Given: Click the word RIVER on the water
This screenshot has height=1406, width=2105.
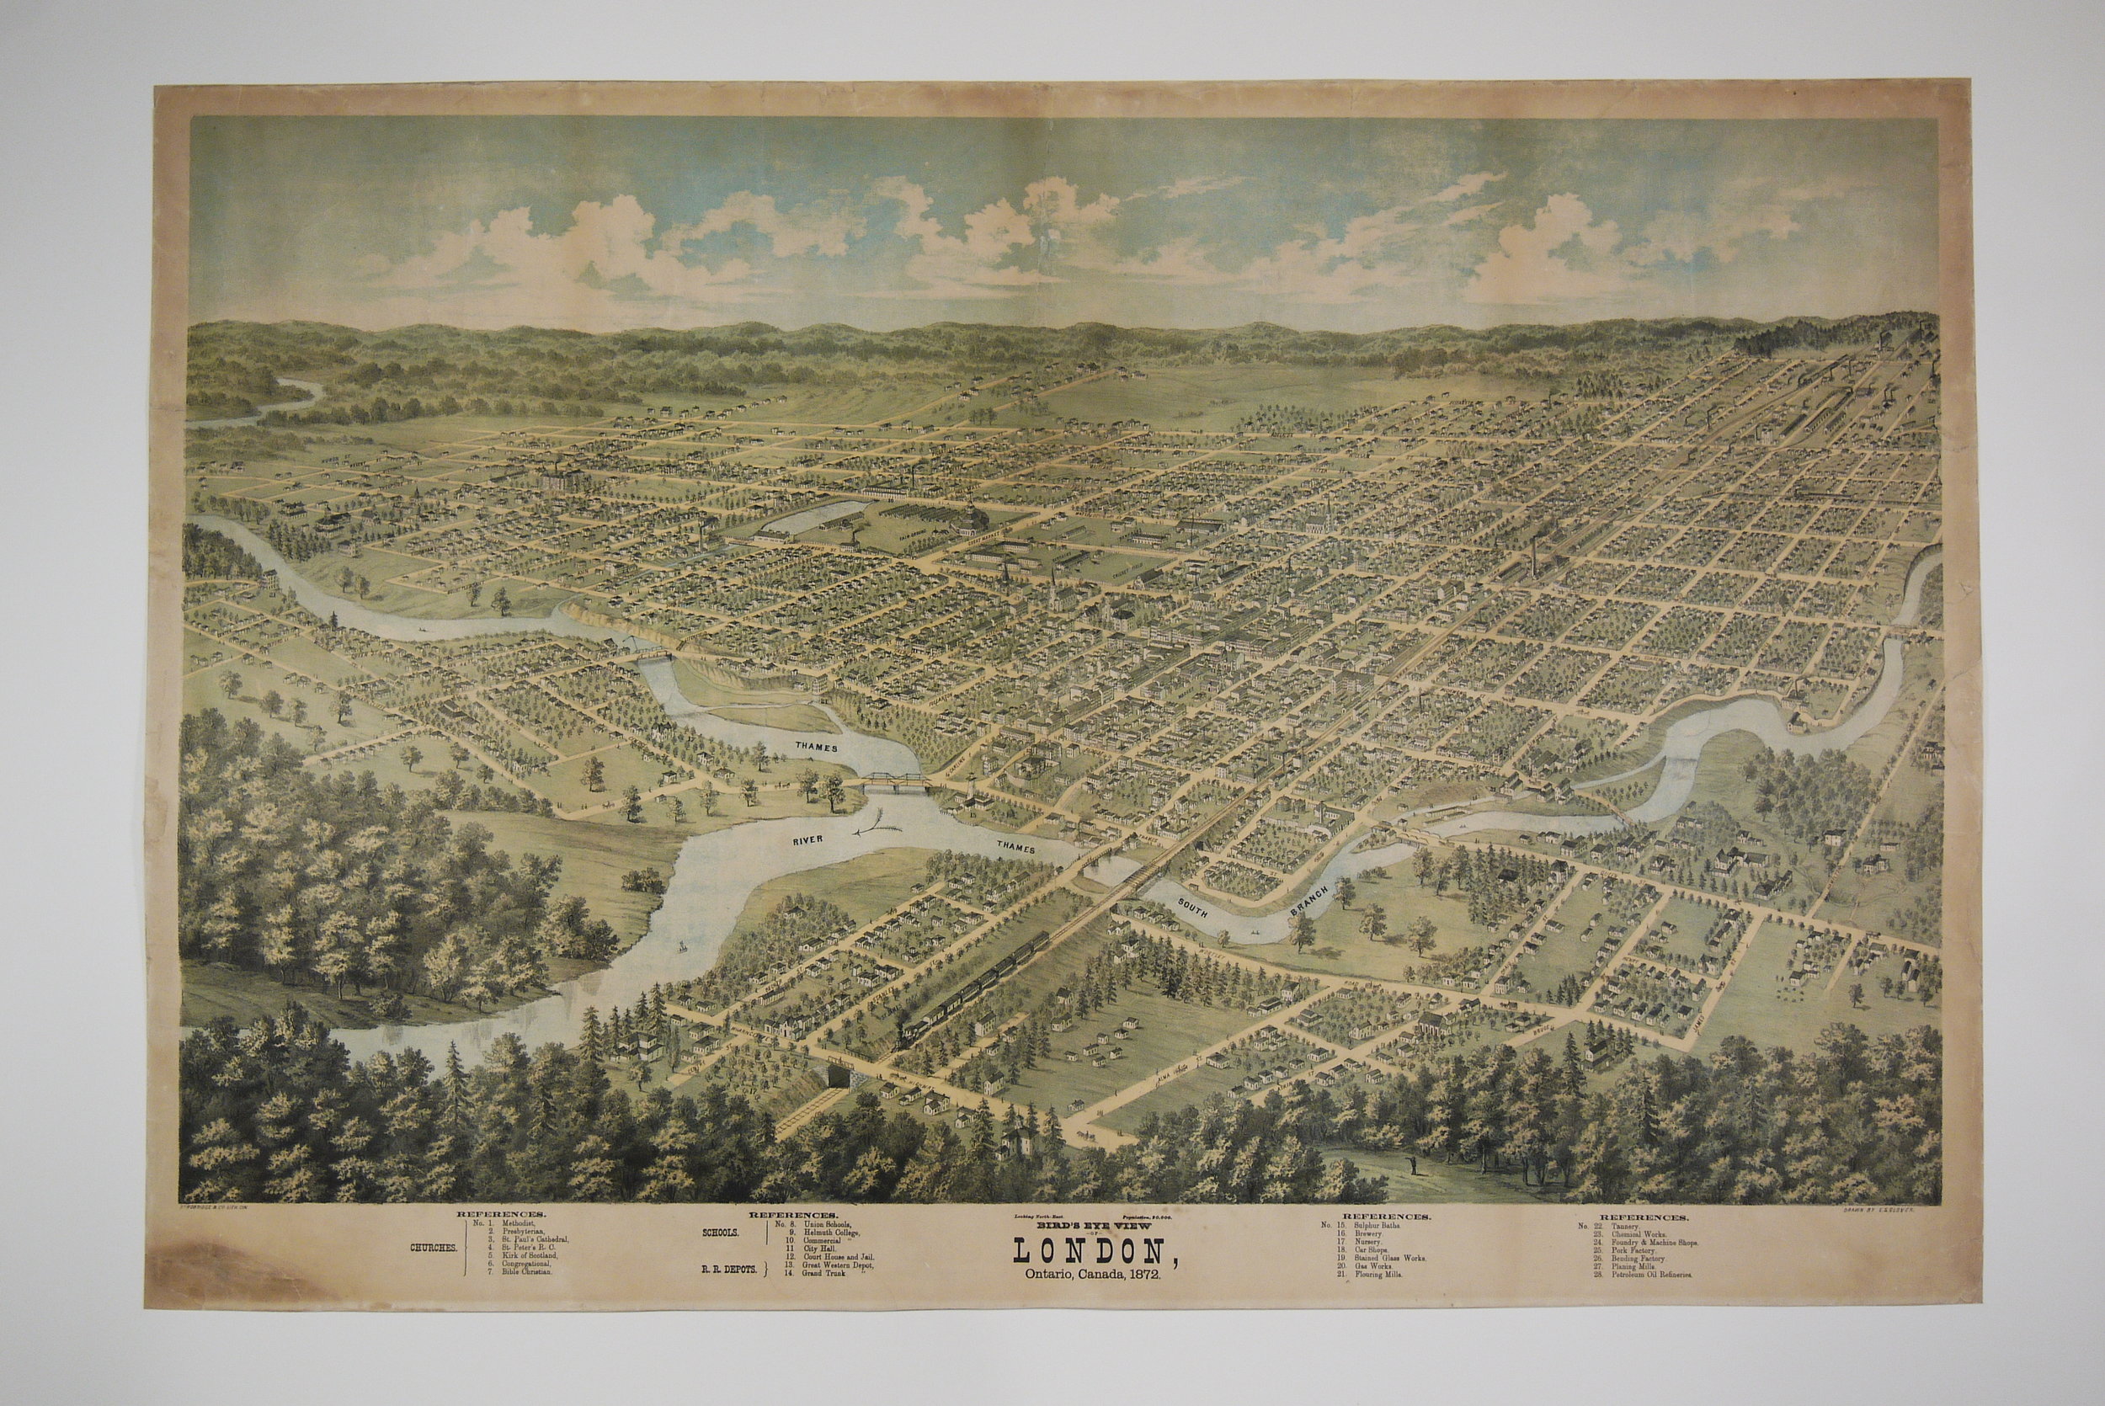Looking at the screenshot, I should click(x=809, y=839).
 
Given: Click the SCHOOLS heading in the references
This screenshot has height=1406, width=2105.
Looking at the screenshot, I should click(x=721, y=1233).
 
